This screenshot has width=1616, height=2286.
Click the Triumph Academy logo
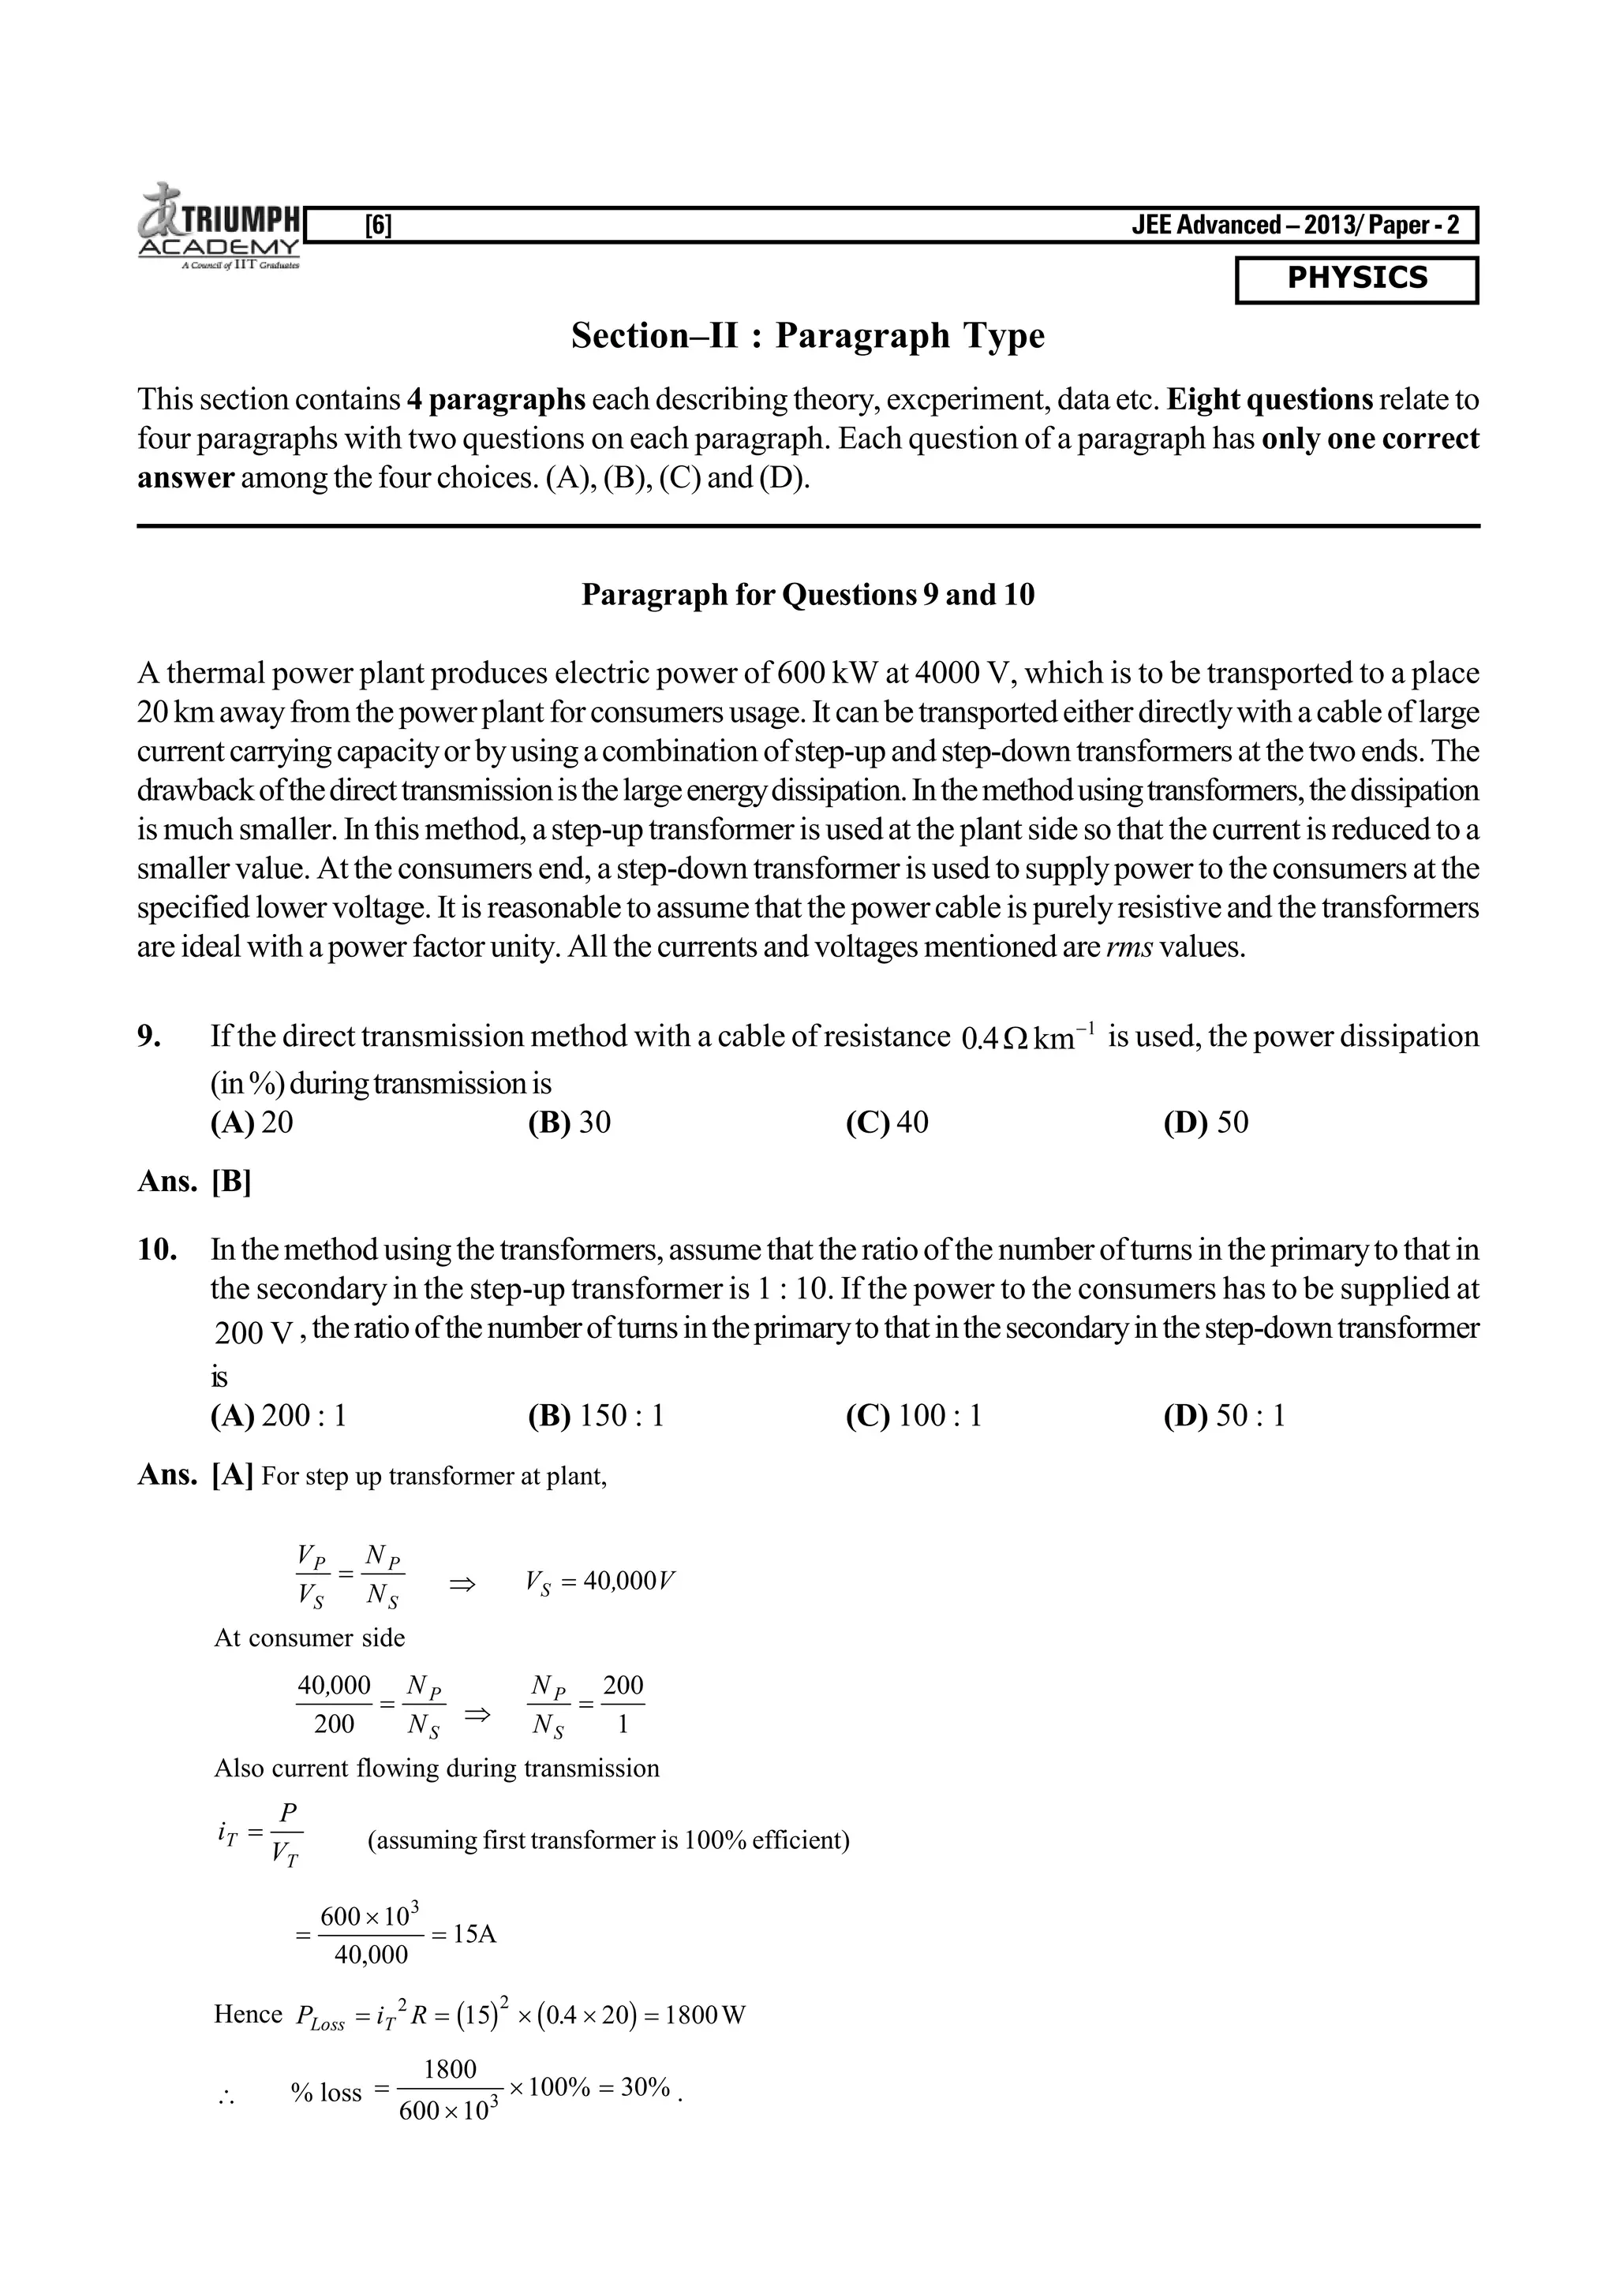click(x=220, y=227)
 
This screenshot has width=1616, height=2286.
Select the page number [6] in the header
click(x=379, y=226)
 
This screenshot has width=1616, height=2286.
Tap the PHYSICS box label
click(x=1356, y=278)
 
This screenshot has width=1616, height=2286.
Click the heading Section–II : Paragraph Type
click(x=807, y=337)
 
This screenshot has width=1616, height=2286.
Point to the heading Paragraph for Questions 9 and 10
click(x=807, y=596)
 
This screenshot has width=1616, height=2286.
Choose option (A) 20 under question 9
click(x=252, y=1123)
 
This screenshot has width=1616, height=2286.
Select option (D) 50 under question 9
click(x=1205, y=1123)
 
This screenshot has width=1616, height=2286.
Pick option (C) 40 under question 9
click(x=886, y=1123)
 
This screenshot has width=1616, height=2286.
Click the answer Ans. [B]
click(x=194, y=1182)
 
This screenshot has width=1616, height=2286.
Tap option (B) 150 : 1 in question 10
click(x=596, y=1416)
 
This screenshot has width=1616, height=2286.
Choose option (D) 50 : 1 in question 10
click(x=1224, y=1416)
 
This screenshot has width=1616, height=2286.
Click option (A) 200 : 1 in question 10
click(x=278, y=1416)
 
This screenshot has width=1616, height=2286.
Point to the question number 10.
click(x=156, y=1250)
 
